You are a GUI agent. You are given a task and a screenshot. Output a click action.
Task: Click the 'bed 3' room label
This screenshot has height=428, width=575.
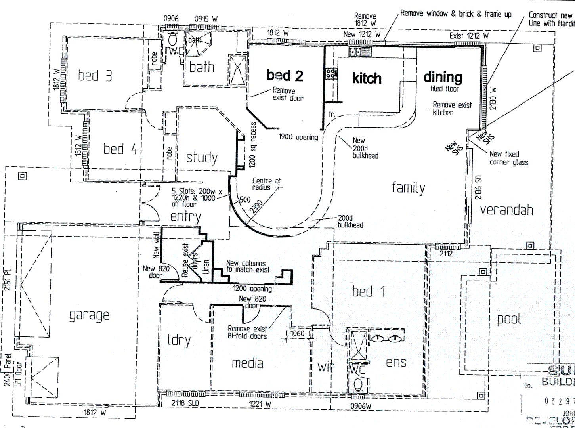tap(95, 75)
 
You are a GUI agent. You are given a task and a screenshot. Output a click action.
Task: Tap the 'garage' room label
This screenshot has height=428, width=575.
tap(89, 315)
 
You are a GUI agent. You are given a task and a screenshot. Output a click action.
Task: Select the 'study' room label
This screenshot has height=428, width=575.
tap(202, 158)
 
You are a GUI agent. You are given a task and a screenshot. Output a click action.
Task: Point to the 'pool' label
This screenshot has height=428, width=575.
tap(508, 319)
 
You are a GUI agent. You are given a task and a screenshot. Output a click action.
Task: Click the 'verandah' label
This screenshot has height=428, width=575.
tap(506, 210)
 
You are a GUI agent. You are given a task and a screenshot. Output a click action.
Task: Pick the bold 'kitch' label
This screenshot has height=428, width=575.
tap(367, 78)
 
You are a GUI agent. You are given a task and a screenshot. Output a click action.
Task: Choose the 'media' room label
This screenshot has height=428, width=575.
tap(247, 363)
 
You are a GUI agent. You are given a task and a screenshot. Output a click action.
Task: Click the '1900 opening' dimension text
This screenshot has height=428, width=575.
tap(298, 138)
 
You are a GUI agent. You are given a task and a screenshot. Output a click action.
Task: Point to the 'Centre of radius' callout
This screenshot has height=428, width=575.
tap(266, 184)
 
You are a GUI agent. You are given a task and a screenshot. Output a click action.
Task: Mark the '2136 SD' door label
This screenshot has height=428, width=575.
tap(478, 187)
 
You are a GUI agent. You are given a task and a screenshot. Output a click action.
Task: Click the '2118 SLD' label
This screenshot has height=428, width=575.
tap(185, 404)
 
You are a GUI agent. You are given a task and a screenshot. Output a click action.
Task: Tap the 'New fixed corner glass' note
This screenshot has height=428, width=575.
tap(509, 158)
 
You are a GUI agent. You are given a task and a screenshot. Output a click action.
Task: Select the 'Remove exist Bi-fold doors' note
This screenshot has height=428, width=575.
tap(247, 332)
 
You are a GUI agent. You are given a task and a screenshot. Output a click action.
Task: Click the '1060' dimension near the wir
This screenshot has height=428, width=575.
tap(297, 333)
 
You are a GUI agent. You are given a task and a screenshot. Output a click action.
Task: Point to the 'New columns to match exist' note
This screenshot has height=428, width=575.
tap(248, 266)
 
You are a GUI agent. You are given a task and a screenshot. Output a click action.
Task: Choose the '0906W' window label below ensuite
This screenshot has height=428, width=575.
tap(361, 406)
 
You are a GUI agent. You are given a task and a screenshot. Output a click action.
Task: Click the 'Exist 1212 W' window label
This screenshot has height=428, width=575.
tap(469, 36)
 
